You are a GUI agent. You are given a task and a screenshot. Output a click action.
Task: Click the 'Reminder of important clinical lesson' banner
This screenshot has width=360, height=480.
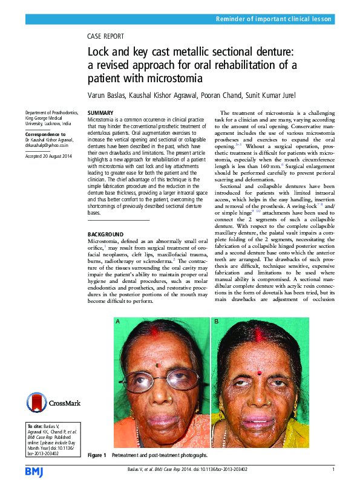pos(274,19)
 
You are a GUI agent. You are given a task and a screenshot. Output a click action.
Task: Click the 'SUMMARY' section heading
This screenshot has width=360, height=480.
pos(101,113)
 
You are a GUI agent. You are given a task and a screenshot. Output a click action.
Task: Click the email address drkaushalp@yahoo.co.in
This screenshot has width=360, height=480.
pos(47,146)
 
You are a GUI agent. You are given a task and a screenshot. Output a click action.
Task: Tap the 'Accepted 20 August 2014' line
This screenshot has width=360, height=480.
pos(49,156)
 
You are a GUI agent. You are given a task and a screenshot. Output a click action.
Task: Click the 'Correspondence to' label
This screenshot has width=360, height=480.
pos(45,134)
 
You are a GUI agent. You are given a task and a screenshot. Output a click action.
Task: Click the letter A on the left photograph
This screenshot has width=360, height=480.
pos(118,323)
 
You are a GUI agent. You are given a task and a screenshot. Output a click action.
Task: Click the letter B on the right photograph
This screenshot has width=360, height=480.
pos(216,323)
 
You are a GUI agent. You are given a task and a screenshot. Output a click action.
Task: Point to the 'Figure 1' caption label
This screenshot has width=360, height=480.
pos(97,455)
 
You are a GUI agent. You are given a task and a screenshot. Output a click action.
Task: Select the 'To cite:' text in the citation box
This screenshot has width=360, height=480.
pos(36,426)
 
